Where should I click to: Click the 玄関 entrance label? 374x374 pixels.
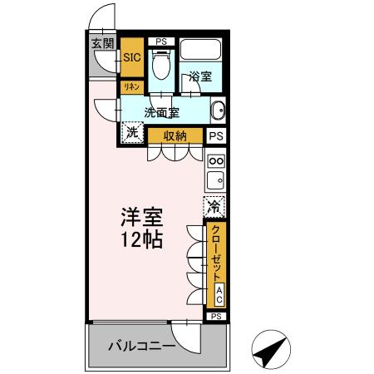click(102, 44)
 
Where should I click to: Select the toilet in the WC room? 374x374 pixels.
click(160, 64)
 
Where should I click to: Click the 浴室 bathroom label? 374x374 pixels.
click(199, 77)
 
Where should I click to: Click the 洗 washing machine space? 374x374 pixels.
click(132, 131)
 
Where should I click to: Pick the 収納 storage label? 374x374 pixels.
click(175, 135)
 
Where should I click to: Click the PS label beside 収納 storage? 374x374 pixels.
click(216, 136)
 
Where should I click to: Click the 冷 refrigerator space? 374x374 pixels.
click(215, 205)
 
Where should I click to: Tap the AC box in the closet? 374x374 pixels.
click(219, 293)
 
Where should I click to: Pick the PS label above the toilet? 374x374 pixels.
click(160, 41)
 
